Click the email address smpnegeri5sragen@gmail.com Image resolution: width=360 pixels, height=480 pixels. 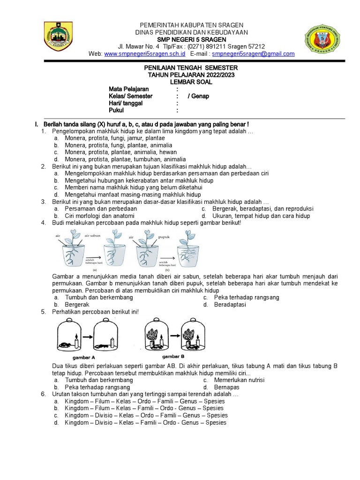[x=253, y=54]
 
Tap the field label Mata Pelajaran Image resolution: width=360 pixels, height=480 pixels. [x=129, y=89]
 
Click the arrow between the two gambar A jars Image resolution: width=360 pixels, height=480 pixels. [x=87, y=337]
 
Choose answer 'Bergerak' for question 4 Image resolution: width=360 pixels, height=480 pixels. [x=77, y=305]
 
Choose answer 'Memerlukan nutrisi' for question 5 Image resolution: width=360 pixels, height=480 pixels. [x=239, y=380]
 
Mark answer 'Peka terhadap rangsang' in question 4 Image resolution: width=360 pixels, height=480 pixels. [x=246, y=298]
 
